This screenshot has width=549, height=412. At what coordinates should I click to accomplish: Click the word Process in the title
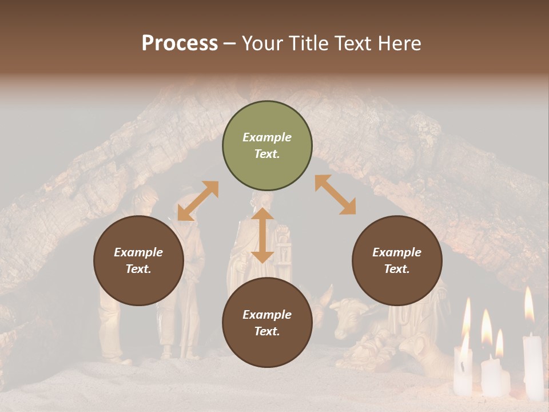[180, 43]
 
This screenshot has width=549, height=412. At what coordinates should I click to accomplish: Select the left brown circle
[138, 261]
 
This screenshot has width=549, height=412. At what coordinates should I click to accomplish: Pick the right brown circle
[397, 261]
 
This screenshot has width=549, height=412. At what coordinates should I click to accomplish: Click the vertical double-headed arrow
[262, 235]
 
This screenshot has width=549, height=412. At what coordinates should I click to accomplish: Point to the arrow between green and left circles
[198, 201]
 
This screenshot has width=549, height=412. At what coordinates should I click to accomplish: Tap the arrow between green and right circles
[335, 195]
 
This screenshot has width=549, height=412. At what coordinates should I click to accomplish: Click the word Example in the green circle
[267, 137]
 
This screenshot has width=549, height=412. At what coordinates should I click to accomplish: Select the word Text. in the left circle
[138, 269]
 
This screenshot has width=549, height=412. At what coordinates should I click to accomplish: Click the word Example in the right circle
[397, 252]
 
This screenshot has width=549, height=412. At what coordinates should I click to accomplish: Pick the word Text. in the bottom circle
[267, 331]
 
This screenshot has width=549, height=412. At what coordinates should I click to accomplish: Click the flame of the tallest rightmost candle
[529, 304]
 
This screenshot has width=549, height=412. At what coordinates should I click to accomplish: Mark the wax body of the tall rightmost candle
[532, 366]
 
